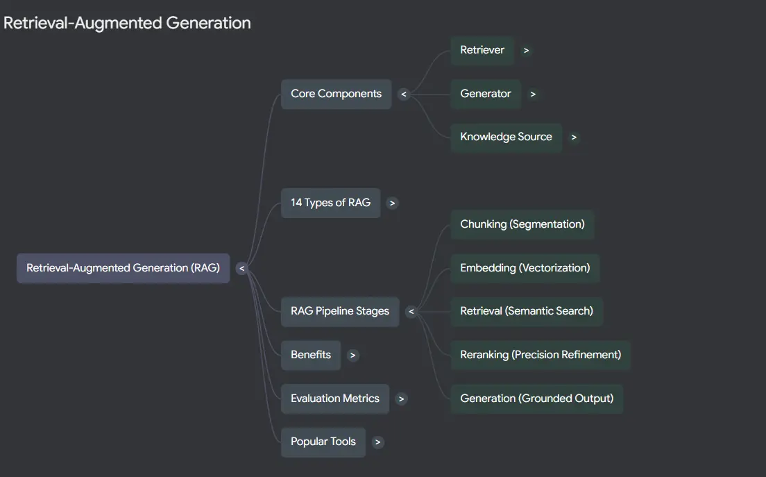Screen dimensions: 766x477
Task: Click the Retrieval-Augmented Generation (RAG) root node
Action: tap(123, 268)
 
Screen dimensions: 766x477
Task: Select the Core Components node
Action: tap(336, 94)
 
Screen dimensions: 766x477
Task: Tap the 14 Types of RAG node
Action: tap(331, 203)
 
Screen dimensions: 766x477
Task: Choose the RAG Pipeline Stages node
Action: tap(340, 311)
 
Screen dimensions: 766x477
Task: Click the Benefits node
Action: tap(311, 355)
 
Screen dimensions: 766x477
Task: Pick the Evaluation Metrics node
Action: tap(335, 399)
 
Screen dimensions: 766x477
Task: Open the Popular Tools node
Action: tap(323, 442)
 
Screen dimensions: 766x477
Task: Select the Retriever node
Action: tap(482, 51)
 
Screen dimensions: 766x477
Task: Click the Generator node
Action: tap(486, 94)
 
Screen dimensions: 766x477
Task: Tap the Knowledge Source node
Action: tap(506, 137)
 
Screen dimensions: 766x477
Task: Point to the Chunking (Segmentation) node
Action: tap(522, 224)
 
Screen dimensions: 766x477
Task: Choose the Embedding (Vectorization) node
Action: tap(525, 268)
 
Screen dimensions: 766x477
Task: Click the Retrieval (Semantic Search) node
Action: tap(527, 311)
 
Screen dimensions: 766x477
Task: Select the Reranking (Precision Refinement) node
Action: tap(541, 355)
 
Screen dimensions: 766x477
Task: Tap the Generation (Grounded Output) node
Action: tap(537, 399)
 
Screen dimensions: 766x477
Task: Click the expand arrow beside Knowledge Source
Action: tap(574, 137)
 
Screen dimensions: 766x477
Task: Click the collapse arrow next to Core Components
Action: tap(404, 94)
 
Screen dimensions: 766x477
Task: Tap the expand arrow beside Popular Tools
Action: tap(377, 442)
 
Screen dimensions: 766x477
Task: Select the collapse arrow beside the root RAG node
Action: tap(242, 268)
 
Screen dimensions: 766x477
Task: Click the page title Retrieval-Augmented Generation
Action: tap(127, 23)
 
